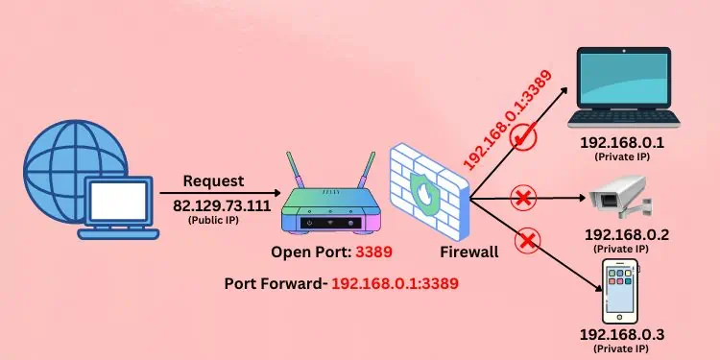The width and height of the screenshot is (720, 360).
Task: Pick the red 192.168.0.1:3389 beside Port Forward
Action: (x=394, y=283)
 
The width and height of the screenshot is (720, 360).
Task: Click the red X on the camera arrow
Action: (x=523, y=199)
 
